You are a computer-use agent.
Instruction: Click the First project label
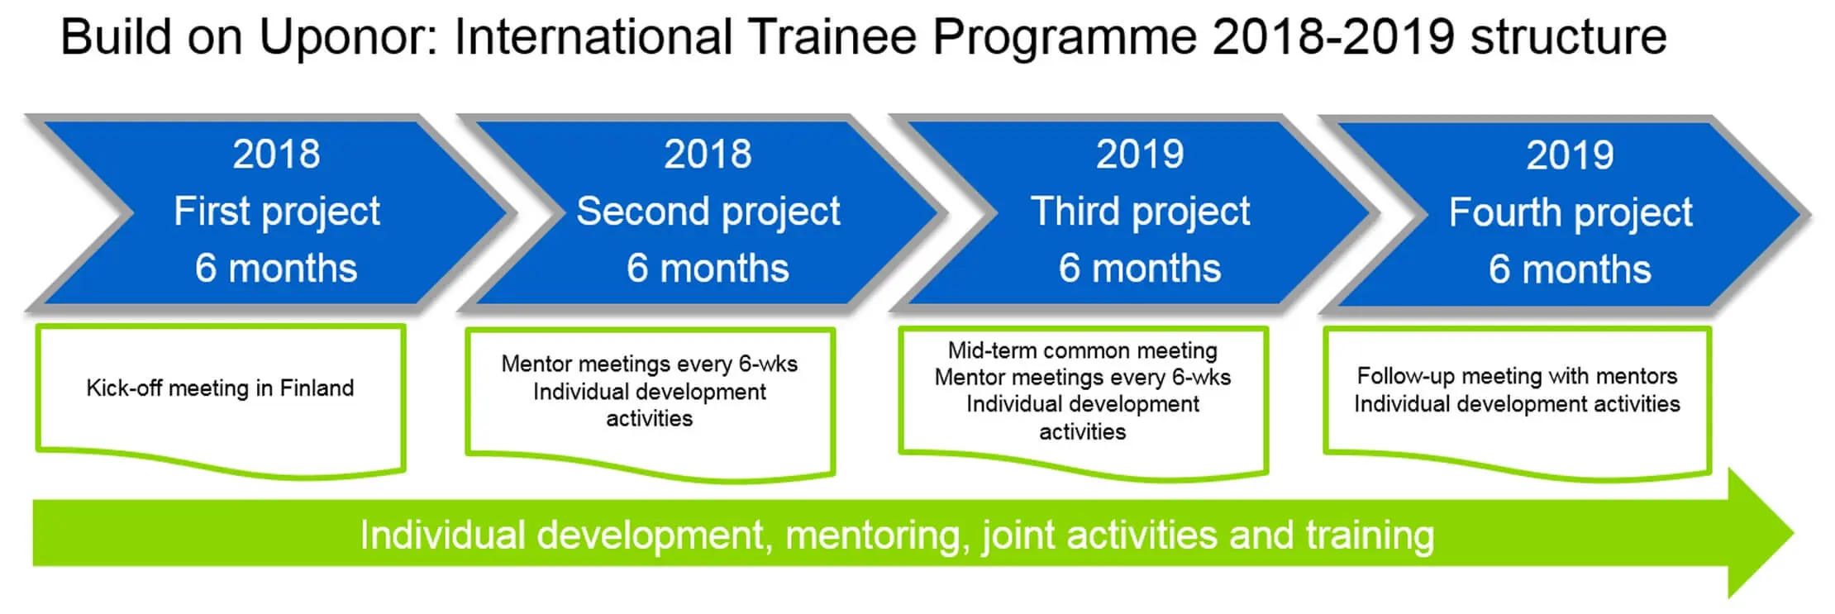click(277, 212)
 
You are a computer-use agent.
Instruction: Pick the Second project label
click(708, 212)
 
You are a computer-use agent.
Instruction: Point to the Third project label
click(1141, 212)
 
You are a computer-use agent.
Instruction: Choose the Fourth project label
click(1570, 213)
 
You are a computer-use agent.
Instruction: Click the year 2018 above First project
click(276, 154)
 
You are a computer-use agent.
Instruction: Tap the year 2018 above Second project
click(708, 154)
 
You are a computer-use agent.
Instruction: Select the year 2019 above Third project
click(1140, 154)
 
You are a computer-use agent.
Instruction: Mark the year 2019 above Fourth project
click(1570, 155)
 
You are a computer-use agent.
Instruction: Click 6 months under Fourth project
click(1570, 269)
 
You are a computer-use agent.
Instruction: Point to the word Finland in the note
click(317, 388)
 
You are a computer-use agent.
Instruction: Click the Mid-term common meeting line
click(1083, 350)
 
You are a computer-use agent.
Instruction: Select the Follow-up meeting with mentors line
click(1517, 376)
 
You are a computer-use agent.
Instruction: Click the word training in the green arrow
click(1370, 535)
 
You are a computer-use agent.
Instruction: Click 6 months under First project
click(276, 269)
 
